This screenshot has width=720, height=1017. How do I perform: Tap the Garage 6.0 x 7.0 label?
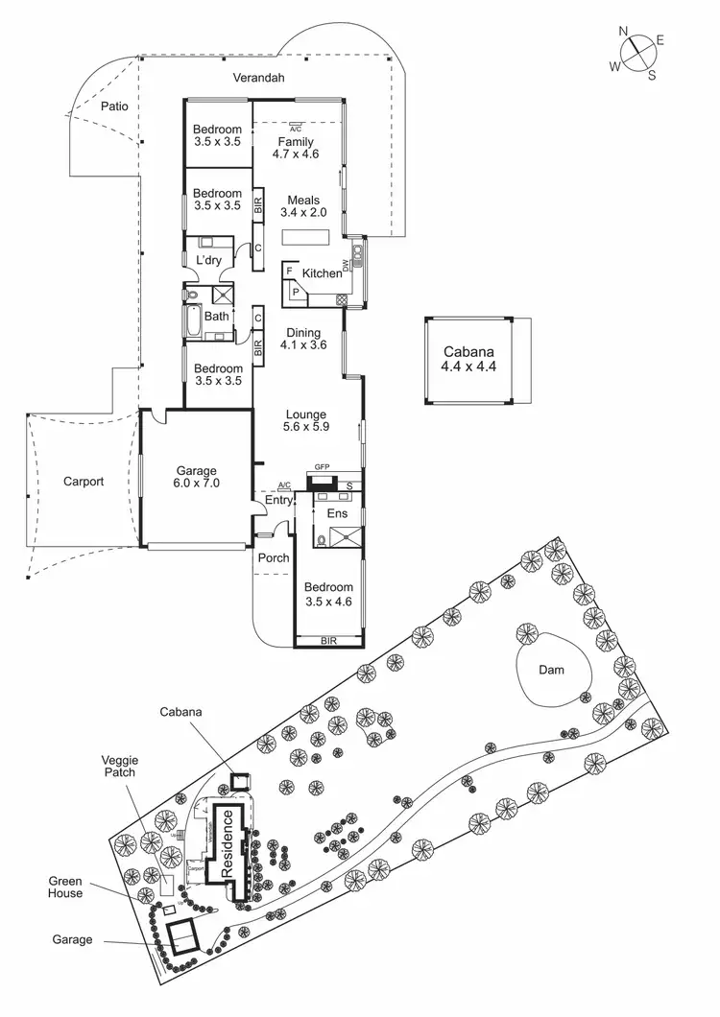coord(198,477)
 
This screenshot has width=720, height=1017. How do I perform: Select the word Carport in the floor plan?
coord(84,482)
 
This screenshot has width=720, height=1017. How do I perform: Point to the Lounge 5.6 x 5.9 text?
coord(306,421)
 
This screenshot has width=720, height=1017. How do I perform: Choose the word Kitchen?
coord(322,273)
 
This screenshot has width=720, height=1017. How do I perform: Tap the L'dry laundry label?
coord(208,261)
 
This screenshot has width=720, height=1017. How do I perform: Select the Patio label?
coord(114,106)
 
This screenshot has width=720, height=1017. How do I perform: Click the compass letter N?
coord(624,32)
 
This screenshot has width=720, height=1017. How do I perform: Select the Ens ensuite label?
coord(336,514)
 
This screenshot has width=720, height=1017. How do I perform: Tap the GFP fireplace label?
coord(322,467)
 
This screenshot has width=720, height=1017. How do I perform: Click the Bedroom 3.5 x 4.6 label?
coord(328,594)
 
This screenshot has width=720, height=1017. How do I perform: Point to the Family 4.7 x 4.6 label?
coord(296,148)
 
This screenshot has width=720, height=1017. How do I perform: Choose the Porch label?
coord(274,558)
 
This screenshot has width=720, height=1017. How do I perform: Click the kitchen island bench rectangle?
coord(305,237)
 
